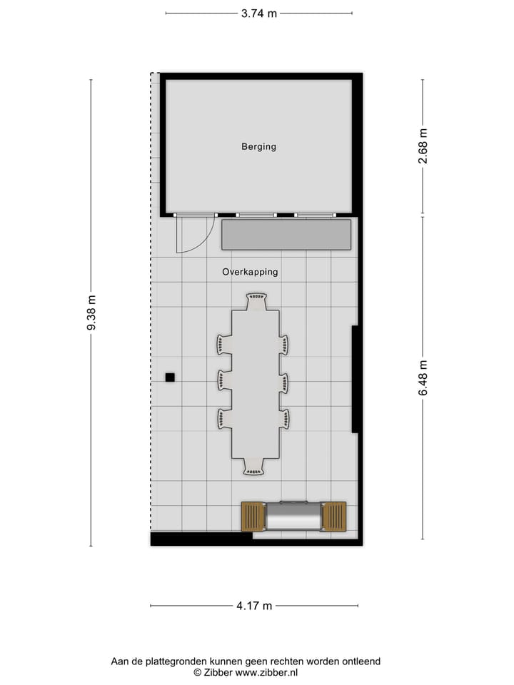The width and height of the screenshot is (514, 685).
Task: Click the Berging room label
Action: tap(258, 147)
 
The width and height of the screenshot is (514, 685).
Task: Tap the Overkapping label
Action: tap(250, 272)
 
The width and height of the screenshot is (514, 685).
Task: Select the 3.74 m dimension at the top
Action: tap(258, 14)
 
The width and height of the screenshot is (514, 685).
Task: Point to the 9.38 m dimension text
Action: tap(91, 313)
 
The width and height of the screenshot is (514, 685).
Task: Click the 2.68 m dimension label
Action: tap(423, 146)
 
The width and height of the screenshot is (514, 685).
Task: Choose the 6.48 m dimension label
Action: tap(423, 378)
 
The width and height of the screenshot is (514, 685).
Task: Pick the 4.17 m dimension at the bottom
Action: tap(254, 606)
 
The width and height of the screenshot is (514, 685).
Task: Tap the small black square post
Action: tap(170, 377)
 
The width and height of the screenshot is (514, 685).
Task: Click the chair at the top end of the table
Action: tap(256, 301)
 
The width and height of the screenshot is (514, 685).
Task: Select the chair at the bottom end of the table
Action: tap(253, 467)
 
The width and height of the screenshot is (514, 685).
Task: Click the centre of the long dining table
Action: tap(255, 384)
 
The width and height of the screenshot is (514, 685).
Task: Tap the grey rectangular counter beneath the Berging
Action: tap(286, 235)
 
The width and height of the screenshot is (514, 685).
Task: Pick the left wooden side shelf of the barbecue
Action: tap(253, 517)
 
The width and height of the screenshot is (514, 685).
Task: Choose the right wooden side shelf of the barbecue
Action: tap(334, 517)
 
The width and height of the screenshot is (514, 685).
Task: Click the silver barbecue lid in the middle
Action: tap(293, 517)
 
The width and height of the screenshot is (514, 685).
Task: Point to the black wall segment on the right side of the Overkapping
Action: tap(355, 379)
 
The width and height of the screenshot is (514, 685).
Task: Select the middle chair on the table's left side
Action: tap(224, 380)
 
